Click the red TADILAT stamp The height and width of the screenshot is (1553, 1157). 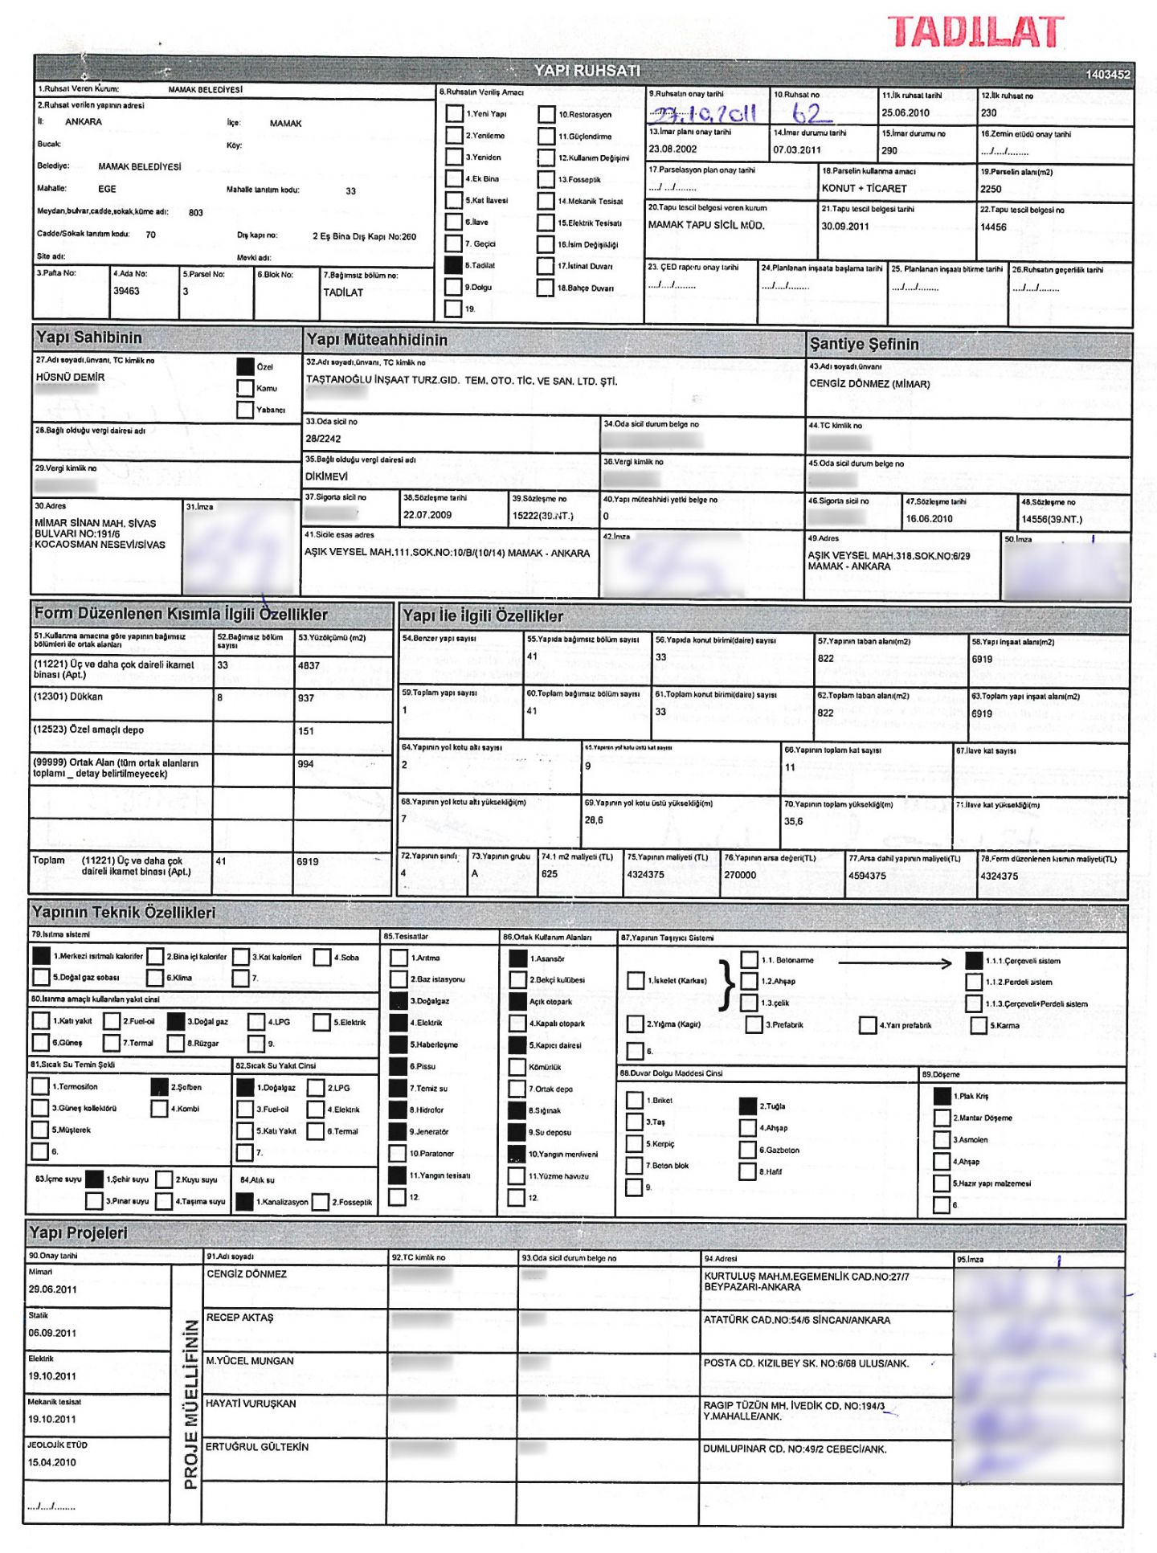[975, 32]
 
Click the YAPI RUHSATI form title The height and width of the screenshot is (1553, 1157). [587, 71]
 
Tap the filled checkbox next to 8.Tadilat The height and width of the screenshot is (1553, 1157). [453, 265]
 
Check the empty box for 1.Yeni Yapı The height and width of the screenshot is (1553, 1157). [454, 113]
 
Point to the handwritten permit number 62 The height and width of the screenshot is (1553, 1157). [807, 113]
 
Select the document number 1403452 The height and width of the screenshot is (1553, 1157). [1107, 75]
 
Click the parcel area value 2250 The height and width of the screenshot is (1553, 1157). [991, 189]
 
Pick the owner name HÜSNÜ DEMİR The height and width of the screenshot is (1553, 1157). [70, 377]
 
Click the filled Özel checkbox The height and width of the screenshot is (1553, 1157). [245, 366]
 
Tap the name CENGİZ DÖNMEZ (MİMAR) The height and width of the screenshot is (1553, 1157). [869, 384]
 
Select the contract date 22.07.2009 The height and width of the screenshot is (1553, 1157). [427, 515]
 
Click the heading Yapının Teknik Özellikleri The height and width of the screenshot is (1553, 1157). [124, 913]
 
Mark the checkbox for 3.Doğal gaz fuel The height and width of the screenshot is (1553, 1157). [176, 1021]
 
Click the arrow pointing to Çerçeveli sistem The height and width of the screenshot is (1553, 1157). [893, 962]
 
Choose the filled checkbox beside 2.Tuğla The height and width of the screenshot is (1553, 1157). [747, 1106]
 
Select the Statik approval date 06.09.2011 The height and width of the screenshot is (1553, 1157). [53, 1333]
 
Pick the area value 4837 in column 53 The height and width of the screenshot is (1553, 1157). [309, 666]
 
